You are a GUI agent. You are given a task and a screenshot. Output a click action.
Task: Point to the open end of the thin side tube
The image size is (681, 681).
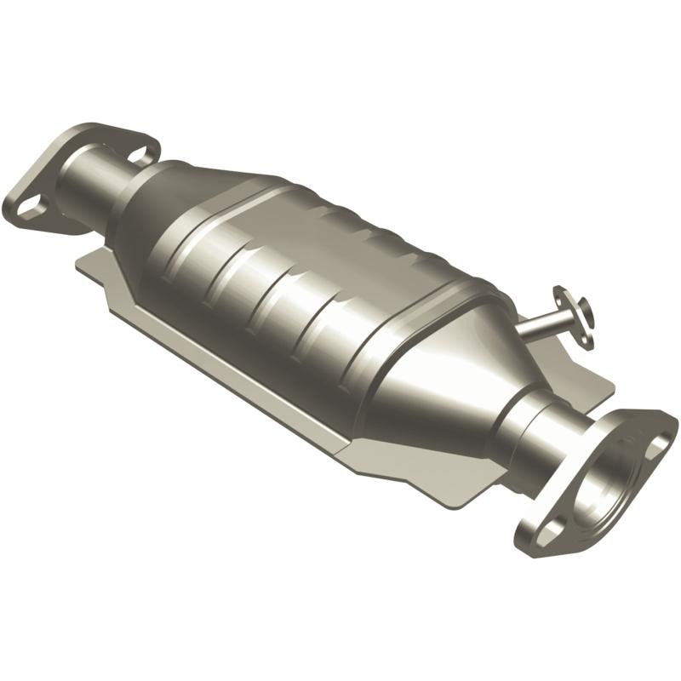pos(578,312)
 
